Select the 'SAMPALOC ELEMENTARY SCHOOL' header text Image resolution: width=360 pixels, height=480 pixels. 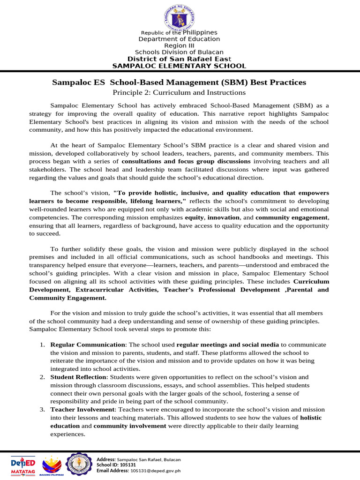(x=179, y=66)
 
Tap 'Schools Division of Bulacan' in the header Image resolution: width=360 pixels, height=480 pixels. (x=179, y=52)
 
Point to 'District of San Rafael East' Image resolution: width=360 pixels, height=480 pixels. (x=179, y=59)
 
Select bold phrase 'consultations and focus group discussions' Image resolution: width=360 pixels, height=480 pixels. (x=186, y=161)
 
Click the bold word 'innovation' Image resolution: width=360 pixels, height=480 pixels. (x=223, y=218)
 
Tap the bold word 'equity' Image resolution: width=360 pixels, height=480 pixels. (x=194, y=218)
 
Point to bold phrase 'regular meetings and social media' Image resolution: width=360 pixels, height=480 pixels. (x=228, y=345)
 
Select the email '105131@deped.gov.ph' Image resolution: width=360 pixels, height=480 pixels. (x=155, y=471)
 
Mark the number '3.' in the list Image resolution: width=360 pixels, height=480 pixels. (x=42, y=409)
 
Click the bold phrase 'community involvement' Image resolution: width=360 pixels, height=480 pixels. (x=130, y=426)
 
